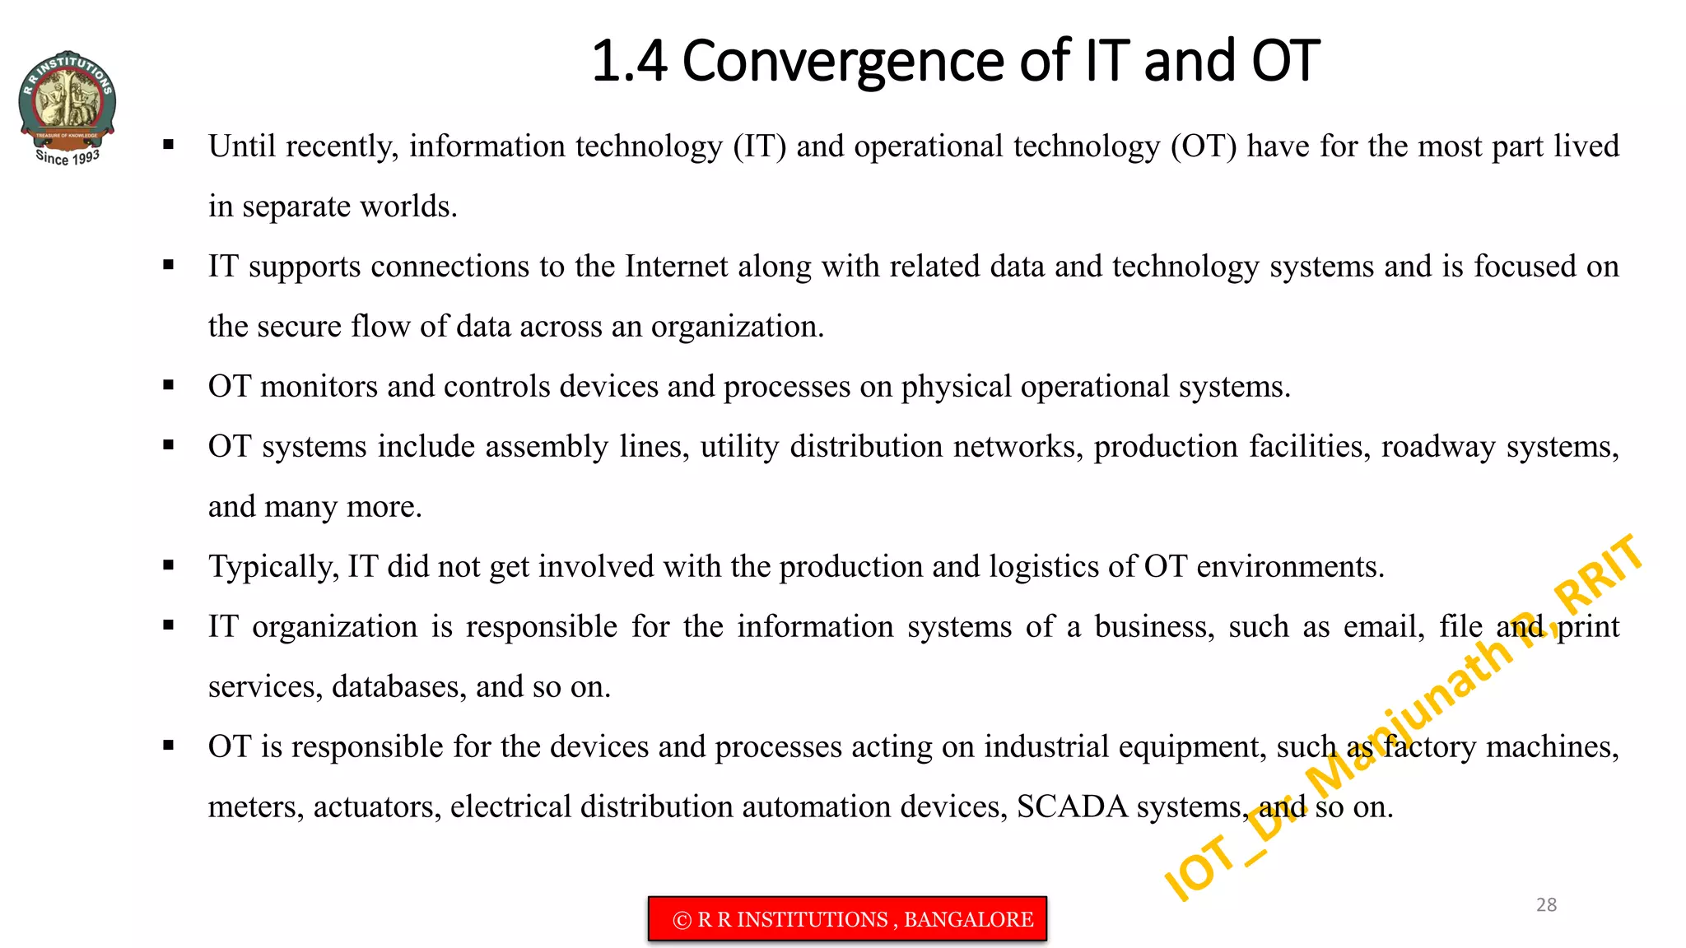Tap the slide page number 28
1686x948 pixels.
click(1546, 904)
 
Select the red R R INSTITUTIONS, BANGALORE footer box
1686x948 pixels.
click(847, 918)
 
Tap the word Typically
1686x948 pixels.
click(272, 567)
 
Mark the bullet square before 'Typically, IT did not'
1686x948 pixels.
click(169, 565)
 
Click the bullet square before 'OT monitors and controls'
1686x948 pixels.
click(169, 385)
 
